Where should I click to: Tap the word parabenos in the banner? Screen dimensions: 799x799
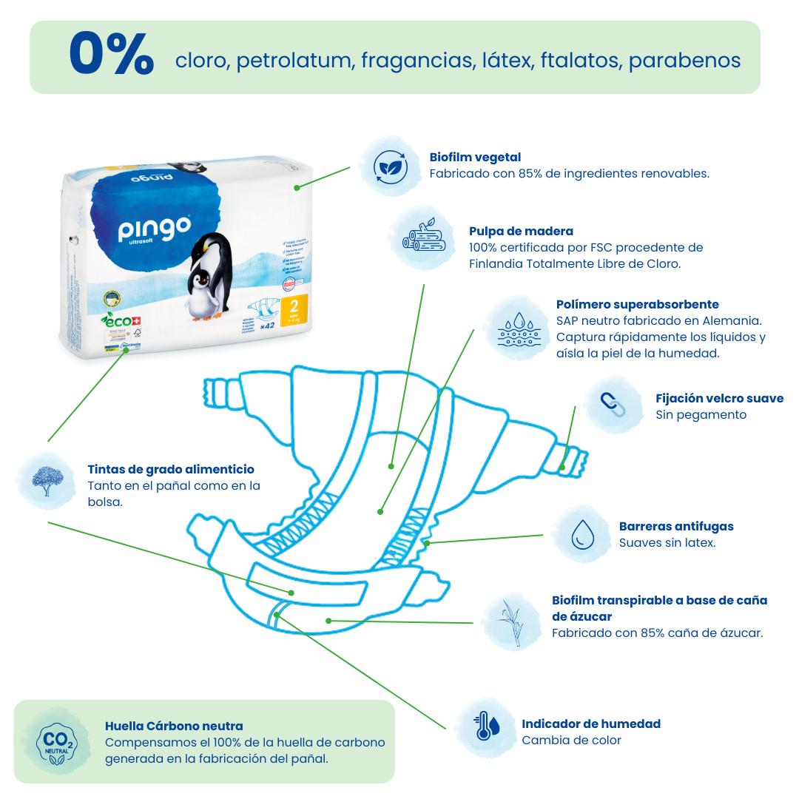tap(684, 60)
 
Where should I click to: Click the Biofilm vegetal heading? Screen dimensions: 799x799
tap(475, 157)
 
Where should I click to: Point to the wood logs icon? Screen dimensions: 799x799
tap(421, 237)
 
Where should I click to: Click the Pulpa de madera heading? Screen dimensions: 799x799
tap(521, 231)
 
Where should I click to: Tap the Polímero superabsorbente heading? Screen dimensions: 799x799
tap(637, 304)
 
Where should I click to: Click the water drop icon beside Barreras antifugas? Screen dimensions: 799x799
tap(583, 534)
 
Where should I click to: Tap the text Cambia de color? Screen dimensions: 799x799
tap(571, 740)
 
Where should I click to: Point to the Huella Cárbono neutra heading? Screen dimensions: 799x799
tap(174, 726)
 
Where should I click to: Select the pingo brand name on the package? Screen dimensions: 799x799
tap(155, 229)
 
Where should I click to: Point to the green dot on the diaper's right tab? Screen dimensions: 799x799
tap(563, 466)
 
